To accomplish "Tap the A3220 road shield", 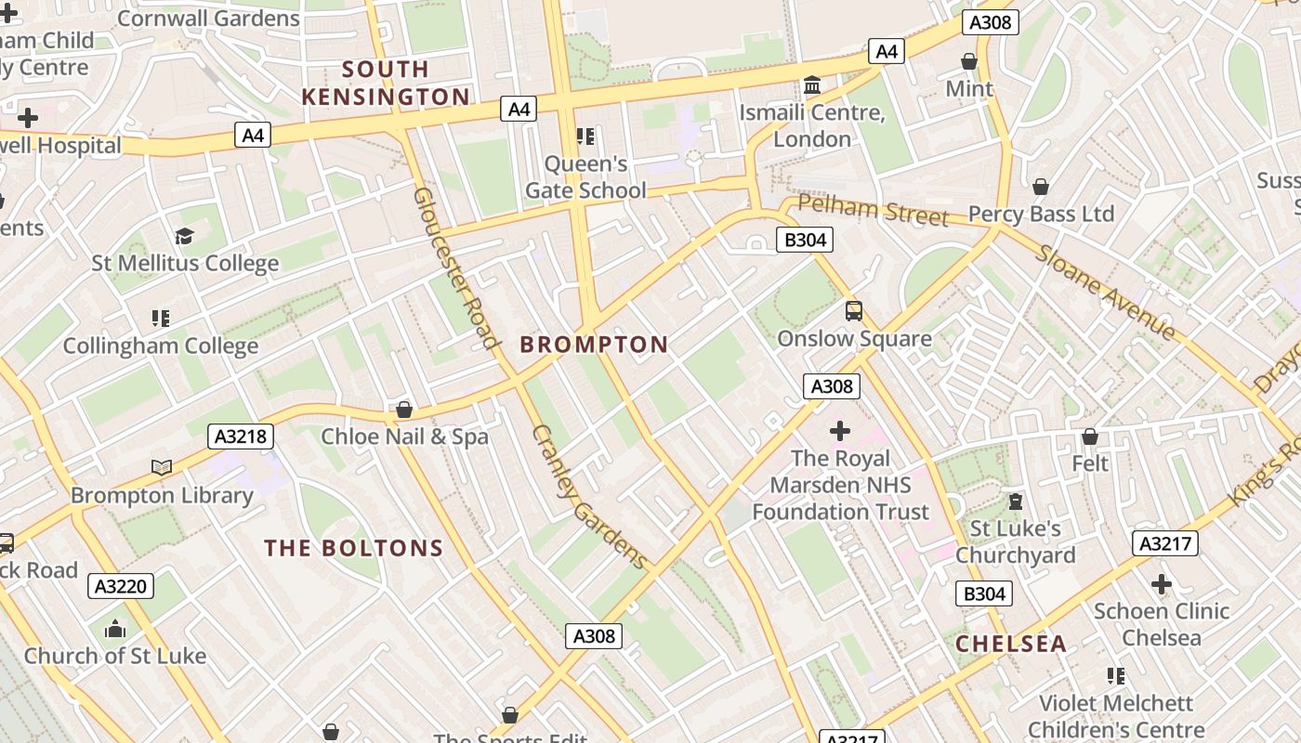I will [x=121, y=586].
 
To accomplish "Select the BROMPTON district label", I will [x=594, y=345].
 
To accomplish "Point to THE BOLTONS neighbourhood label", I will [x=354, y=548].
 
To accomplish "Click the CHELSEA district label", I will [x=1011, y=644].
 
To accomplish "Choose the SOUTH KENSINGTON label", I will [x=386, y=83].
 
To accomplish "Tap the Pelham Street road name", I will [x=873, y=211].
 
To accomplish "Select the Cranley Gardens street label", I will [x=589, y=497].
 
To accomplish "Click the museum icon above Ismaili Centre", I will [x=812, y=86].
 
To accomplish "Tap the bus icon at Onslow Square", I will [x=854, y=311].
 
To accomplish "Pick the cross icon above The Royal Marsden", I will [x=840, y=431].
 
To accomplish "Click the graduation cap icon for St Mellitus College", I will [x=184, y=237].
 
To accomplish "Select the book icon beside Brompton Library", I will [x=162, y=467].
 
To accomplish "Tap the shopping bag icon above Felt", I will [x=1090, y=437].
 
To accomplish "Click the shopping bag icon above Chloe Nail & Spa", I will [x=404, y=410].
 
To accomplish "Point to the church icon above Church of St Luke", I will [x=115, y=630].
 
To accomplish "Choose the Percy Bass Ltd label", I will [x=1041, y=215].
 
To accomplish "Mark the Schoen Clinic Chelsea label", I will [x=1161, y=624].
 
